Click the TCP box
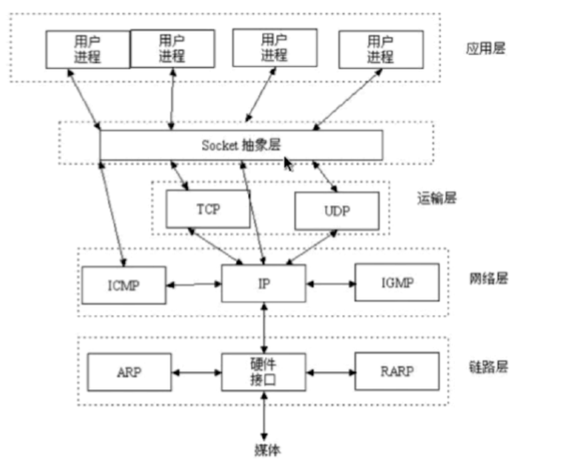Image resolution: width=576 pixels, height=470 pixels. click(208, 208)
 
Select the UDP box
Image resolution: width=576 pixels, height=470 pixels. click(337, 210)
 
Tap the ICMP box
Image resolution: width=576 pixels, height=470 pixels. click(123, 284)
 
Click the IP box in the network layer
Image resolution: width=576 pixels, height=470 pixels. click(264, 283)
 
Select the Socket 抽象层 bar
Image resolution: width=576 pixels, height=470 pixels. click(241, 145)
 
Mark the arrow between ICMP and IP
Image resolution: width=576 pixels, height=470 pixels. click(193, 284)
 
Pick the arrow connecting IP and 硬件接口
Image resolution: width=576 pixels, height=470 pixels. click(265, 328)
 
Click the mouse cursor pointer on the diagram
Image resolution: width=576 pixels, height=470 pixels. click(289, 164)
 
